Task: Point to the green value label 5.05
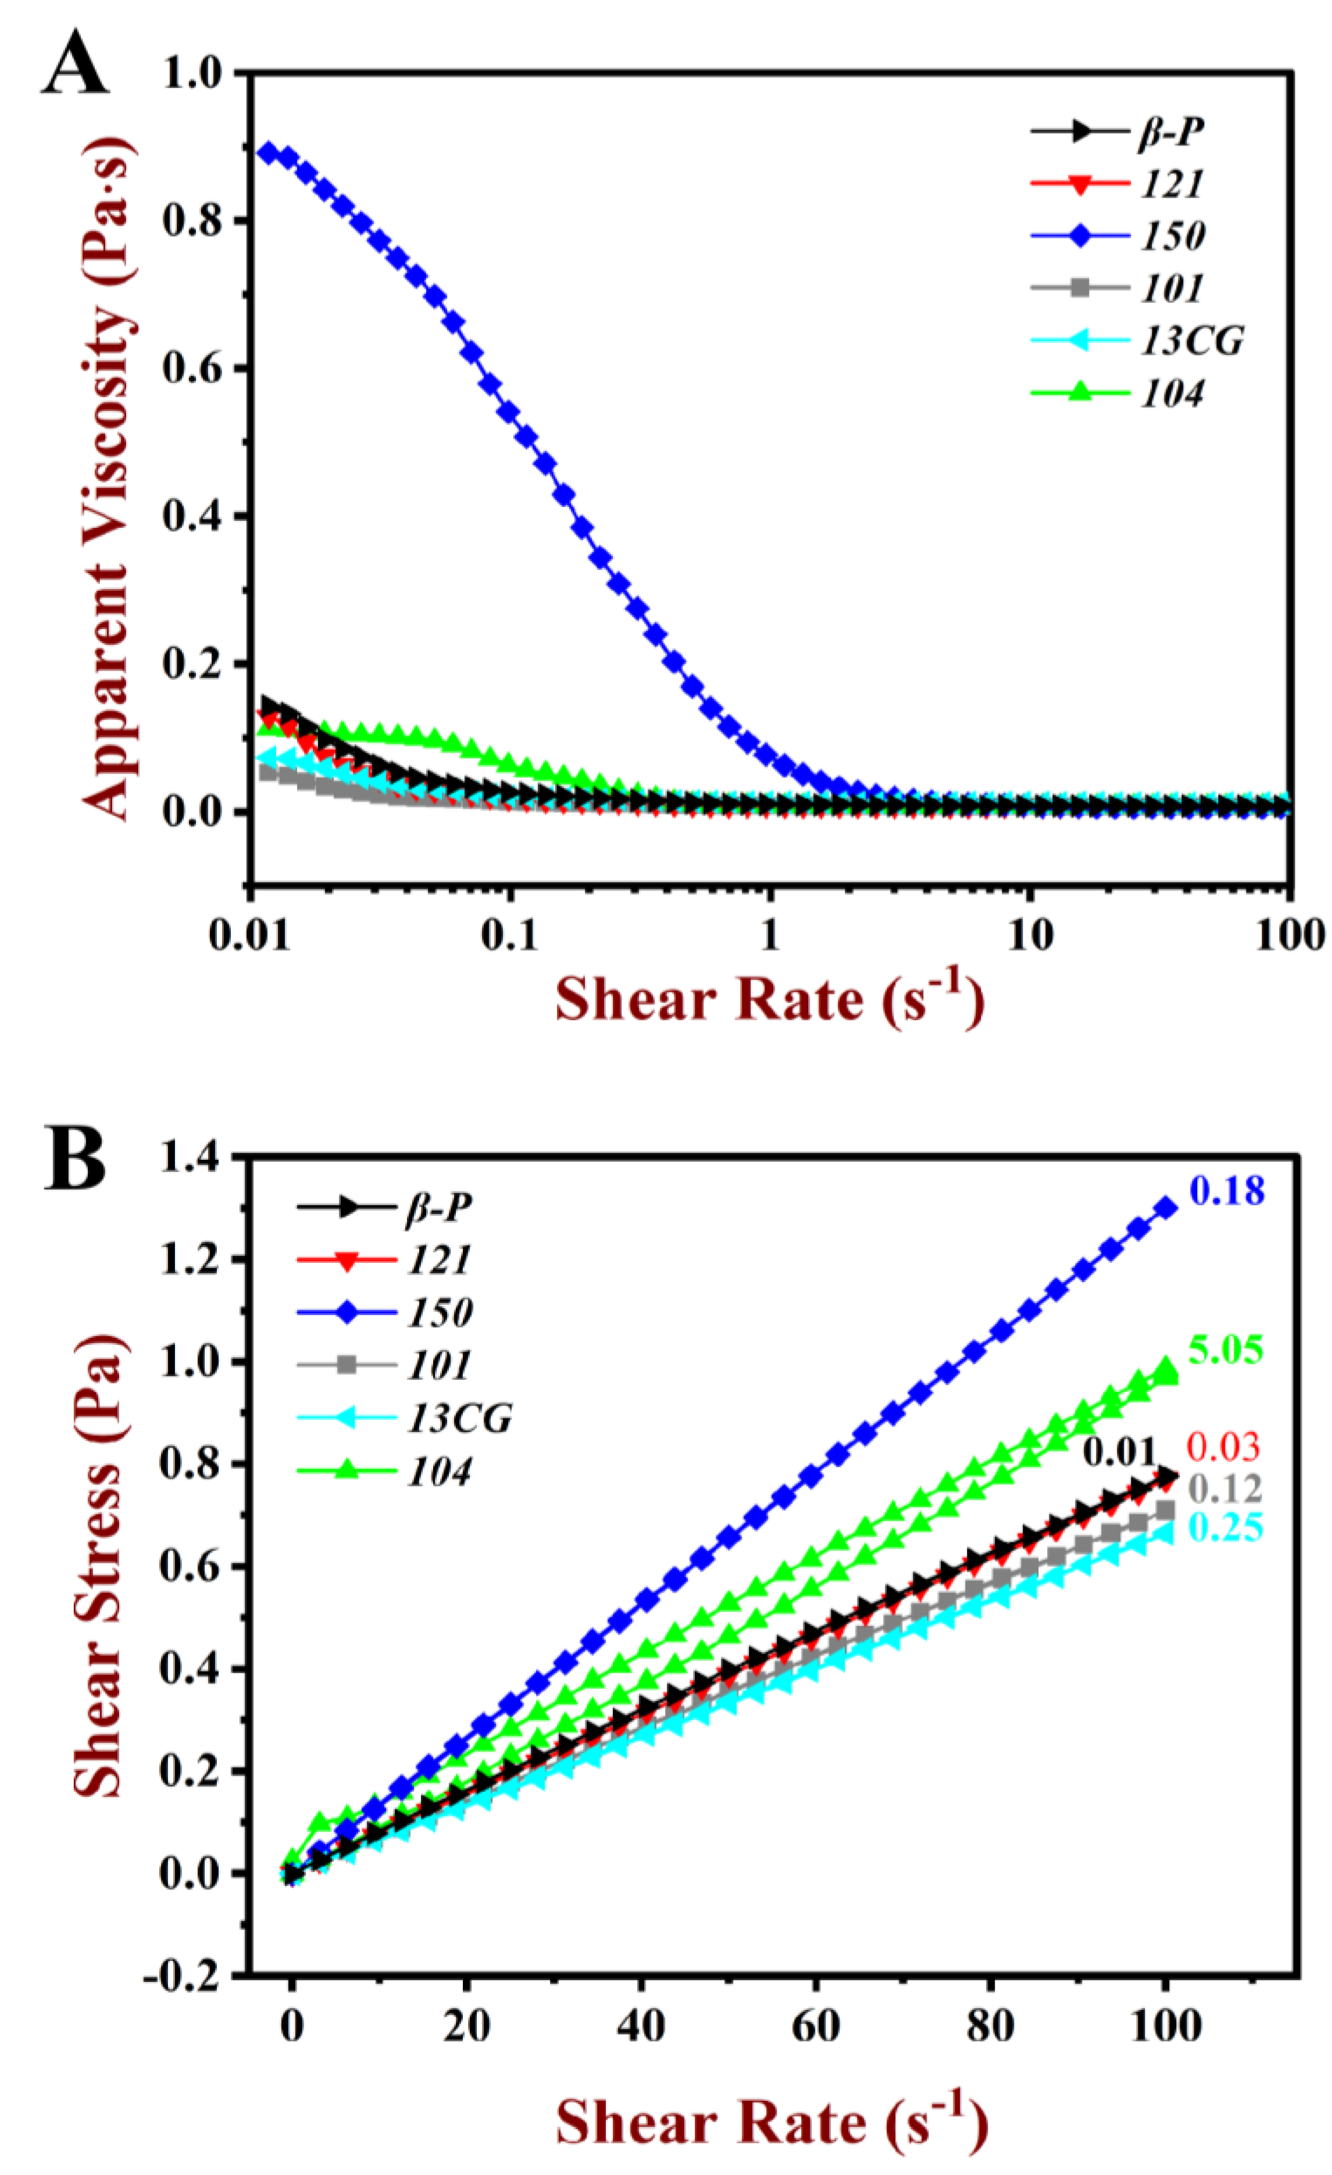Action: point(1226,1349)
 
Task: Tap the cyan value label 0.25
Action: point(1226,1528)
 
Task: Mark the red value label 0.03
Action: point(1223,1448)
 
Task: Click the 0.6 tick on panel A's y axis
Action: point(191,368)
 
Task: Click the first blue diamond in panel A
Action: point(267,152)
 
